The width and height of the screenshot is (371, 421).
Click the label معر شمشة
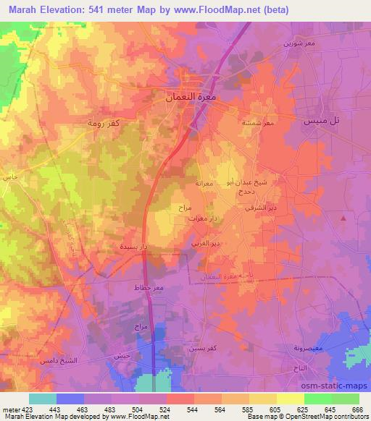[258, 123]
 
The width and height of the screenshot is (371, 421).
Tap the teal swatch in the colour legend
[43, 399]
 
